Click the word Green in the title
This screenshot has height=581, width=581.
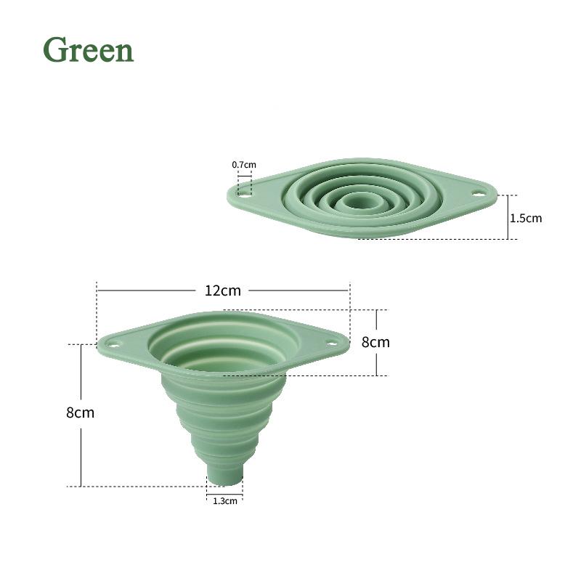[x=89, y=49]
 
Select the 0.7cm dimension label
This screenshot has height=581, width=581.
[x=244, y=165]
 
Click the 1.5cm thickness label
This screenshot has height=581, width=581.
[x=526, y=217]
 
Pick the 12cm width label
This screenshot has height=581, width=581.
[x=222, y=290]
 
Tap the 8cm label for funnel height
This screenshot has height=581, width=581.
[x=80, y=413]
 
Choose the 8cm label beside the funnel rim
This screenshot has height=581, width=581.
[x=375, y=342]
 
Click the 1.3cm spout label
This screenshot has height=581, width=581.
[x=224, y=500]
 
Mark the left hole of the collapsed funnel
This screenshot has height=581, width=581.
[x=244, y=194]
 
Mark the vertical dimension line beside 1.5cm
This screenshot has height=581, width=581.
[x=506, y=217]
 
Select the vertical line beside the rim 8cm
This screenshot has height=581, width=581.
[x=377, y=363]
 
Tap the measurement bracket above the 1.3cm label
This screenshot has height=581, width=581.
[x=224, y=494]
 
